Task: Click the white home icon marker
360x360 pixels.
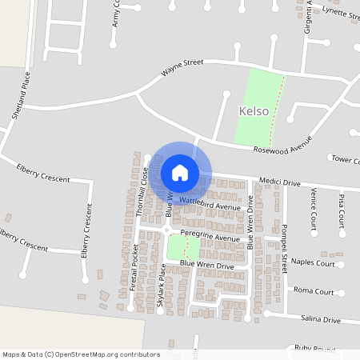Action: point(180,173)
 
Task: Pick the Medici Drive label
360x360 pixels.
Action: point(279,182)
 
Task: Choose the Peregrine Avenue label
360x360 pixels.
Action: point(210,238)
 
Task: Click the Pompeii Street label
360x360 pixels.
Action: point(284,249)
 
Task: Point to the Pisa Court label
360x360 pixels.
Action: point(342,208)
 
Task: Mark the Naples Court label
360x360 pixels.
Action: point(314,262)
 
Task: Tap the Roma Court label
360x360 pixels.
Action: point(314,290)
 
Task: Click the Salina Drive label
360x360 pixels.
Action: point(320,319)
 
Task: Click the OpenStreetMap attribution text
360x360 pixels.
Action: point(81,354)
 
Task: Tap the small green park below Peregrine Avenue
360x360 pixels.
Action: point(183,248)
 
